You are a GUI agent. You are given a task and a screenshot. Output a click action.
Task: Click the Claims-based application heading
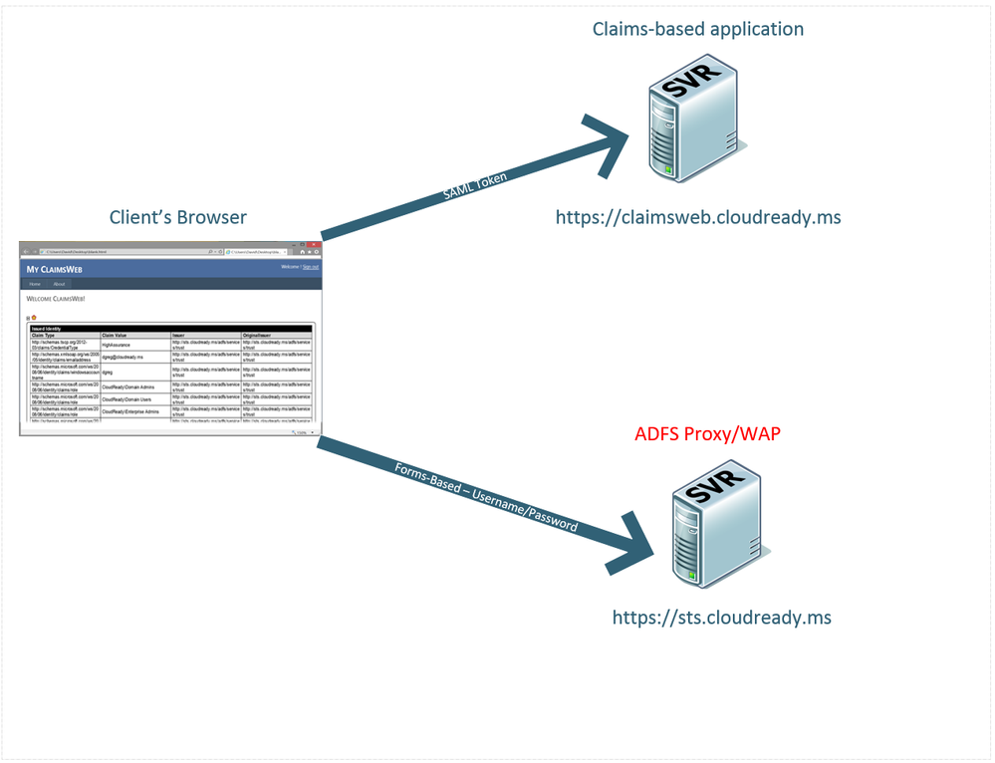697,29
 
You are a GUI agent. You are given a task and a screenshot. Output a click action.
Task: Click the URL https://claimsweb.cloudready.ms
698,216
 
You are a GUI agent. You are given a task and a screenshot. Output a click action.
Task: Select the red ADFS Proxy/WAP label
707,435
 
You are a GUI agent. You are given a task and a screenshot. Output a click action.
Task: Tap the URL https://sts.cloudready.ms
721,618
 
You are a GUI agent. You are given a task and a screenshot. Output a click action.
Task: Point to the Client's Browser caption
178,217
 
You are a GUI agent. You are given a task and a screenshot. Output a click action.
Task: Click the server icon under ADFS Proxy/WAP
714,524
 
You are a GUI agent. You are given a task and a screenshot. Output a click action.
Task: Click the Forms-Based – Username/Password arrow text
485,496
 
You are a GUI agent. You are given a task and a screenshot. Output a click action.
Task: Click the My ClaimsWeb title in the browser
54,269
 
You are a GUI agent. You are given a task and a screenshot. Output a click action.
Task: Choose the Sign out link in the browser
311,267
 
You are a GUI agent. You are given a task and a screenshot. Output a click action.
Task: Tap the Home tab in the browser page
35,284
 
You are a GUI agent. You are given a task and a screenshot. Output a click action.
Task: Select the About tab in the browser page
59,284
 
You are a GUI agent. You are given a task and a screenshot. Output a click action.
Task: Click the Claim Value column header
116,336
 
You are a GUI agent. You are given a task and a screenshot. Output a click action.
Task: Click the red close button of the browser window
313,244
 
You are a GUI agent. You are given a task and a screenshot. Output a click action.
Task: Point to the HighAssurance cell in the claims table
117,345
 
